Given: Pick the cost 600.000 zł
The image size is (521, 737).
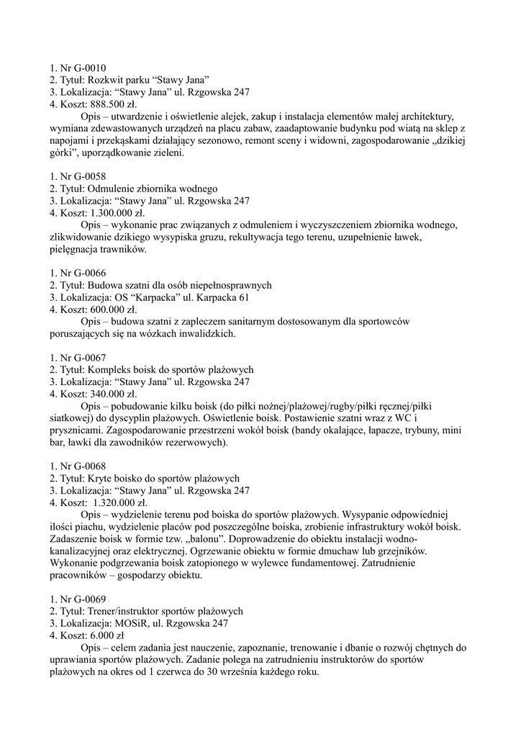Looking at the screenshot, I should tap(115, 310).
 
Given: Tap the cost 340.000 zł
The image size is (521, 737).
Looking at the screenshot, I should tap(115, 394).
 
